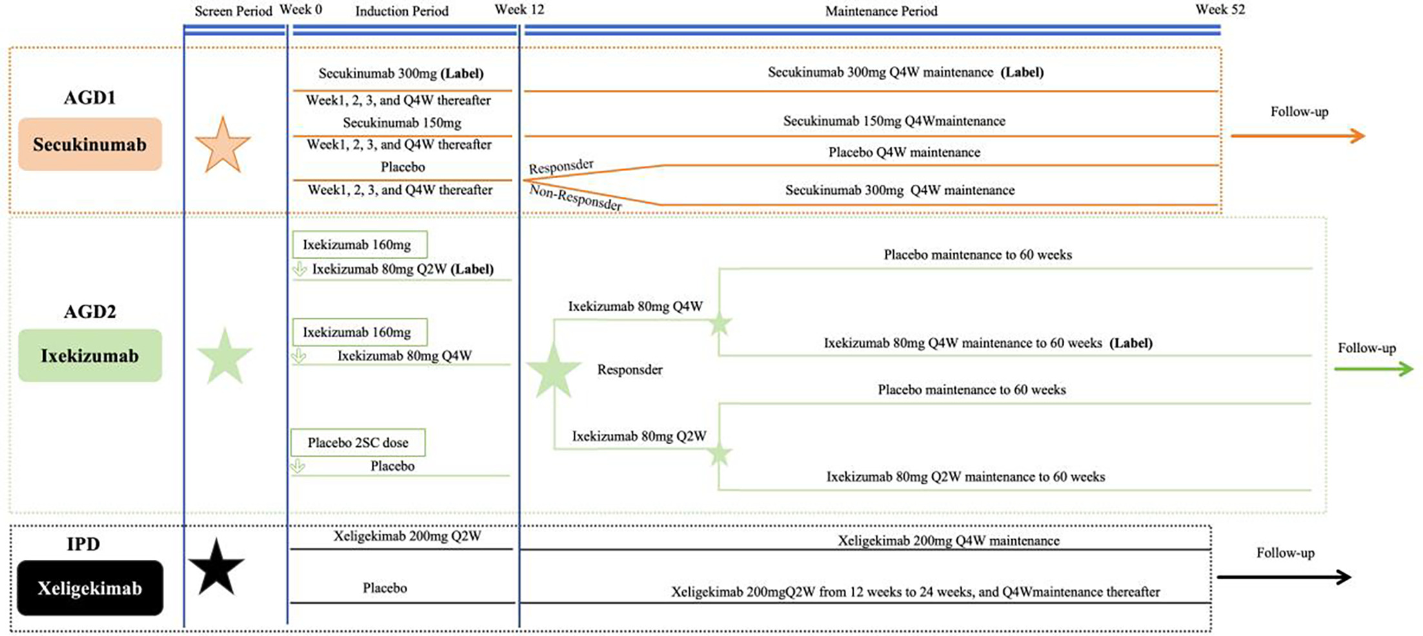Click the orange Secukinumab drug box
90,144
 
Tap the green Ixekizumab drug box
90,356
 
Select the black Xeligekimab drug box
90,588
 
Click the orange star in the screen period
222,146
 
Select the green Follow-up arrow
1373,369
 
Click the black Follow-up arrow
1284,577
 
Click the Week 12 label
519,10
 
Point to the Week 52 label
1220,10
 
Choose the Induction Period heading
401,11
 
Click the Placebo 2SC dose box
358,443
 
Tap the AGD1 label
90,97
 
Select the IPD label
83,544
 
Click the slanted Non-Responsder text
576,198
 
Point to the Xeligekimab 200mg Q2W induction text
407,536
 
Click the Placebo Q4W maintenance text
903,152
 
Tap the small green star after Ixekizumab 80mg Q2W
719,455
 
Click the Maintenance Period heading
881,11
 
